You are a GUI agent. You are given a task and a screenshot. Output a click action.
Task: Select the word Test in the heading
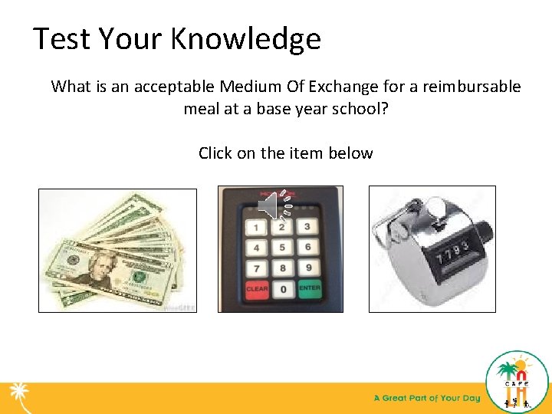coord(60,38)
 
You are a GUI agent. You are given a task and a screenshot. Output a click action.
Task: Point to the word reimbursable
coord(473,86)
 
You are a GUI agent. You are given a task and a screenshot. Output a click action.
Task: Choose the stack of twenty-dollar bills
coord(117,250)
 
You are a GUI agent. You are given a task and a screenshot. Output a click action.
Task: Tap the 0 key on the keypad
coord(282,290)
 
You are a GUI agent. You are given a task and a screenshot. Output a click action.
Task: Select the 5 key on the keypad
coord(282,248)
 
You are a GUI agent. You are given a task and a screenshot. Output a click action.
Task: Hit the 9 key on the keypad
coord(307,268)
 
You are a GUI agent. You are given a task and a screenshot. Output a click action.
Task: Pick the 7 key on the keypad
coord(257,268)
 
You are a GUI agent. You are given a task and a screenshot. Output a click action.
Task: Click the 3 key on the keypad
coord(307,227)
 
